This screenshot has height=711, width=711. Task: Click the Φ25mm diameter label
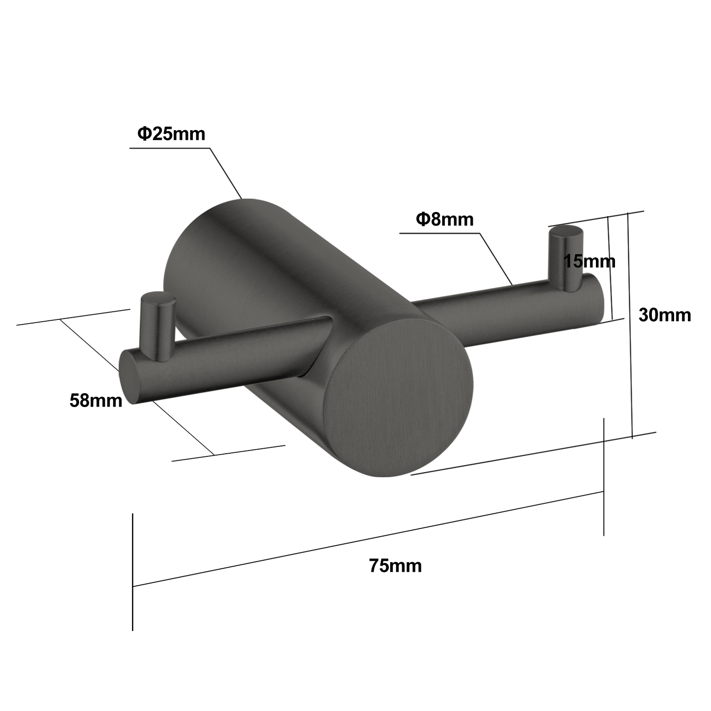(172, 133)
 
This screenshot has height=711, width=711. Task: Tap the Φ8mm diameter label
(445, 220)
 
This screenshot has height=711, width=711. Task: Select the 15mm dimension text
(589, 261)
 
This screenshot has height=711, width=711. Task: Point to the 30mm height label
(664, 315)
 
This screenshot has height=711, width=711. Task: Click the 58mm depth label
(96, 401)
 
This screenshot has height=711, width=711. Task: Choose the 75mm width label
(395, 566)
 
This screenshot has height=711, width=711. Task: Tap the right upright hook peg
(563, 262)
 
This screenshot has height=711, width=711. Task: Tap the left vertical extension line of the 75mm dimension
(132, 573)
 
